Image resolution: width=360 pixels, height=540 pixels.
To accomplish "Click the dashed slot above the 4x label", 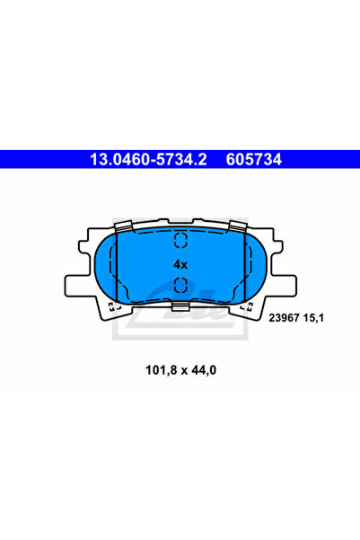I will click(180, 240).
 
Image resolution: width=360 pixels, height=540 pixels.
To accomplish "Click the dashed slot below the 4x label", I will click(180, 287).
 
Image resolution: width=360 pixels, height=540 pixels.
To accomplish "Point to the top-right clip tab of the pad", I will click(238, 226).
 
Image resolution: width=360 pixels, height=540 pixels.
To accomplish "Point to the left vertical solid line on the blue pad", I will click(117, 265).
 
